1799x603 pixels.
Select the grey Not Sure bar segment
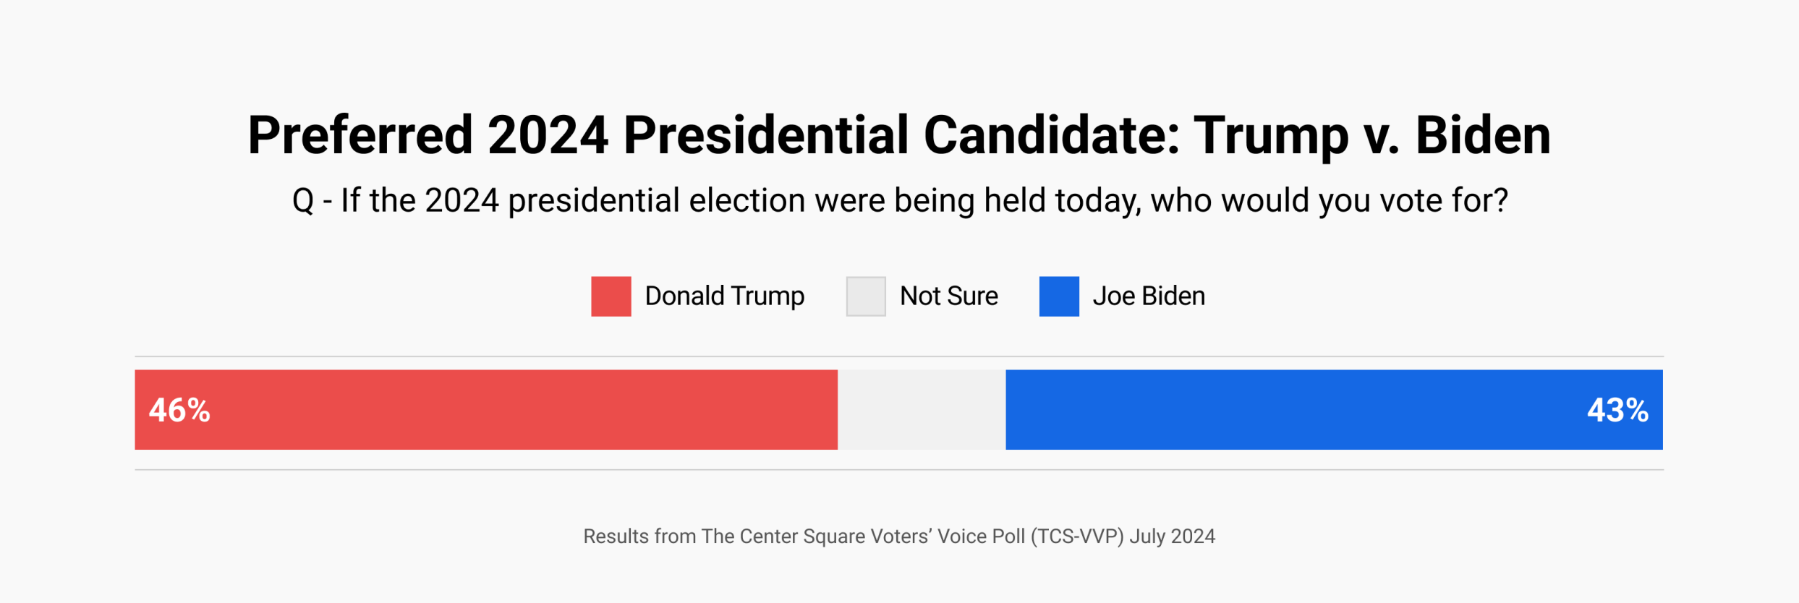(922, 410)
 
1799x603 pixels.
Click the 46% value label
(179, 411)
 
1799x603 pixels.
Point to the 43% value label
(1617, 411)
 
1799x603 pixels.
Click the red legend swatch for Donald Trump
(611, 296)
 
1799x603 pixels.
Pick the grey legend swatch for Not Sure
(866, 296)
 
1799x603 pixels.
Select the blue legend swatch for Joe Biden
(1059, 296)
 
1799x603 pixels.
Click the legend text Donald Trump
(724, 296)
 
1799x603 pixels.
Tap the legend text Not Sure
(948, 296)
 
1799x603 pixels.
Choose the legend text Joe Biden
(1149, 296)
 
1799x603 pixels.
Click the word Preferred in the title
(360, 136)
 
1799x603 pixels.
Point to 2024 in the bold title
(548, 136)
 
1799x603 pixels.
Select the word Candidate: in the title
(1051, 136)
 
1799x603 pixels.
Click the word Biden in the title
(1483, 136)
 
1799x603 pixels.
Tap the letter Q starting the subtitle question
(303, 201)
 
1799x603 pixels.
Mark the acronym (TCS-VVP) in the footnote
(1078, 536)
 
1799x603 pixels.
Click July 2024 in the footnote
(1173, 536)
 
